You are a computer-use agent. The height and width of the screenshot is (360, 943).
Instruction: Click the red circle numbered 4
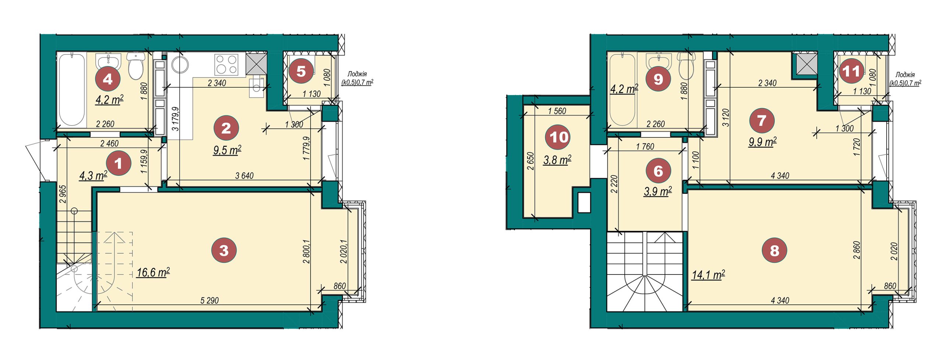[x=108, y=78]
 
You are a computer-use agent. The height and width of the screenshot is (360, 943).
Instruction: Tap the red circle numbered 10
[x=558, y=137]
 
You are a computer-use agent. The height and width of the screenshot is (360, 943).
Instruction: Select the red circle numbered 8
[x=775, y=250]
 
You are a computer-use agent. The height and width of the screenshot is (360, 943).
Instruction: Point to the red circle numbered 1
[x=118, y=163]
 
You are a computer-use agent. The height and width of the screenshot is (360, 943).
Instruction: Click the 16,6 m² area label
[x=153, y=273]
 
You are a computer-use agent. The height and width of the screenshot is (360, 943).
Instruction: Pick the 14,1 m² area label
[x=708, y=275]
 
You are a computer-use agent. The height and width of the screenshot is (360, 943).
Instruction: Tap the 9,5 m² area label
[x=227, y=150]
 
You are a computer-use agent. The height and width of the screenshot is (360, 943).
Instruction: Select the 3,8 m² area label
[x=557, y=160]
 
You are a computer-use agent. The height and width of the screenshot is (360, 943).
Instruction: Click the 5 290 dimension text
[x=210, y=300]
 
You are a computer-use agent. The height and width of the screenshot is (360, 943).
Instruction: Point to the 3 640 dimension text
[x=245, y=176]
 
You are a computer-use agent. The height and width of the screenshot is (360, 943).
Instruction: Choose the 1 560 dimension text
[x=557, y=111]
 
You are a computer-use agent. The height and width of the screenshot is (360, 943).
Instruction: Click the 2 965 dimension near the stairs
[x=62, y=194]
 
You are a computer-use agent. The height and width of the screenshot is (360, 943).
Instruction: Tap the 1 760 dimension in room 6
[x=645, y=147]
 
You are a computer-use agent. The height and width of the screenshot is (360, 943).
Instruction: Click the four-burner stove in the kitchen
[x=226, y=64]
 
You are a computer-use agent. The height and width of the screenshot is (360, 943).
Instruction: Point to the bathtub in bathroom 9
[x=622, y=90]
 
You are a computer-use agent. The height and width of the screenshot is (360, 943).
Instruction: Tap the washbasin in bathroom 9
[x=658, y=61]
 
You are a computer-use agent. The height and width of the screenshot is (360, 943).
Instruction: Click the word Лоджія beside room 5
[x=357, y=74]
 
